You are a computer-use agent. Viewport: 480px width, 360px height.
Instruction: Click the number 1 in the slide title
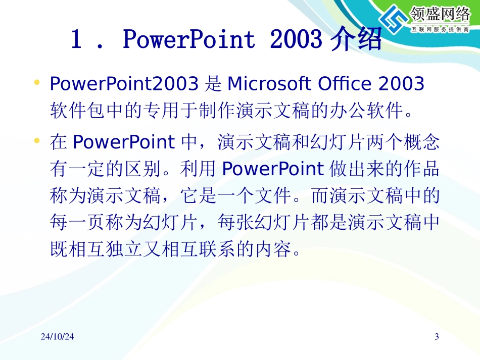pos(76,40)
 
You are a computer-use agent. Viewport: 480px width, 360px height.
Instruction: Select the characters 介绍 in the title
pos(356,40)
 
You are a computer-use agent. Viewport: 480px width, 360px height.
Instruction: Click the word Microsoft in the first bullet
pos(270,84)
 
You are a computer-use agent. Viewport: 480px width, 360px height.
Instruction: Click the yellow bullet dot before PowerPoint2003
pos(36,82)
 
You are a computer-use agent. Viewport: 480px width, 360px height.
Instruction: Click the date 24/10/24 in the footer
pos(57,337)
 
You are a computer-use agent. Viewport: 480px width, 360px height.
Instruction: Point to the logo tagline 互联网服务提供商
pos(441,30)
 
